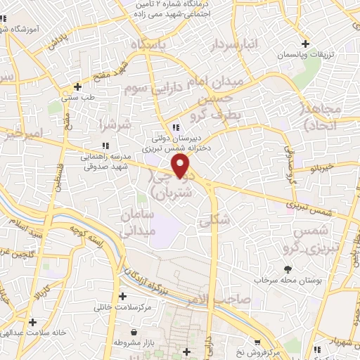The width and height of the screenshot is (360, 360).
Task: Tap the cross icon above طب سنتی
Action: pos(77,87)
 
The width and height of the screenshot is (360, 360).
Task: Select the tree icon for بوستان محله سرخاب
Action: pos(287,269)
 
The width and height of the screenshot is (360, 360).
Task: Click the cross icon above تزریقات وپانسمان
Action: pos(306,43)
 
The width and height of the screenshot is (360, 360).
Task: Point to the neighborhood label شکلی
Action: pos(214,220)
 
